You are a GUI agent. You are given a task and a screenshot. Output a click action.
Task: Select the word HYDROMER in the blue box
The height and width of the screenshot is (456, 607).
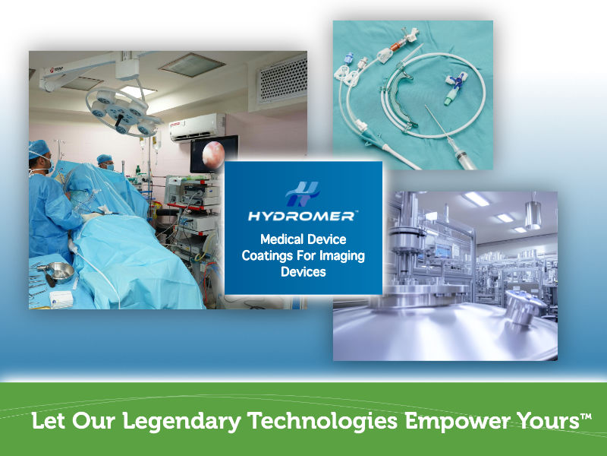tap(303, 216)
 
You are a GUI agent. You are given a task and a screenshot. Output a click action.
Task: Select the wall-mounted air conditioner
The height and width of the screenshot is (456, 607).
tap(197, 126)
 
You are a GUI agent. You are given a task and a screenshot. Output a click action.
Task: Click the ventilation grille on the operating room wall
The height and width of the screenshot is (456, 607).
tap(281, 78)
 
